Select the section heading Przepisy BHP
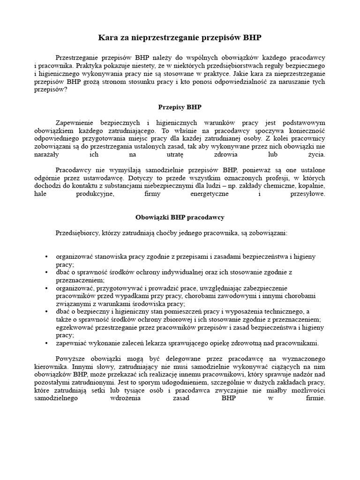point(180,107)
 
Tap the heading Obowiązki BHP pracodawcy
point(180,217)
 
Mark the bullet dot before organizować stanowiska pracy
point(46,257)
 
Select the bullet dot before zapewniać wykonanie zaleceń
point(46,343)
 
